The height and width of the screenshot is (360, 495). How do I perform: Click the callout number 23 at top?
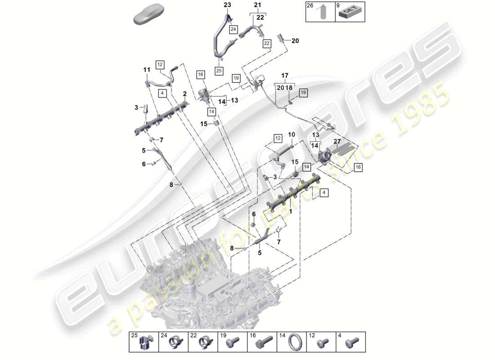coord(227,5)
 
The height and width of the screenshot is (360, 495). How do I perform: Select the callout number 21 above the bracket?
coord(257,5)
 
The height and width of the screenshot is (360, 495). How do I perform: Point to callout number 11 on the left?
coord(147,70)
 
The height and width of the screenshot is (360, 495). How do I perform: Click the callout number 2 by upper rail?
coord(184,93)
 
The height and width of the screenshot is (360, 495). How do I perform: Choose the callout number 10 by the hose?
coord(292,135)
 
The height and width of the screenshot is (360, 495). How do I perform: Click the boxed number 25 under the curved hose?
coord(219,71)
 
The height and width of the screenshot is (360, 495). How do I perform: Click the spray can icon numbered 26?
coord(322,13)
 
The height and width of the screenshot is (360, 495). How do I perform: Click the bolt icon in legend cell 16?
coord(262,345)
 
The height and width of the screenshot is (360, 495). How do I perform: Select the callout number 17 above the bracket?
coord(284,75)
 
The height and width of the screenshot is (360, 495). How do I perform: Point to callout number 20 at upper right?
coord(295,41)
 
